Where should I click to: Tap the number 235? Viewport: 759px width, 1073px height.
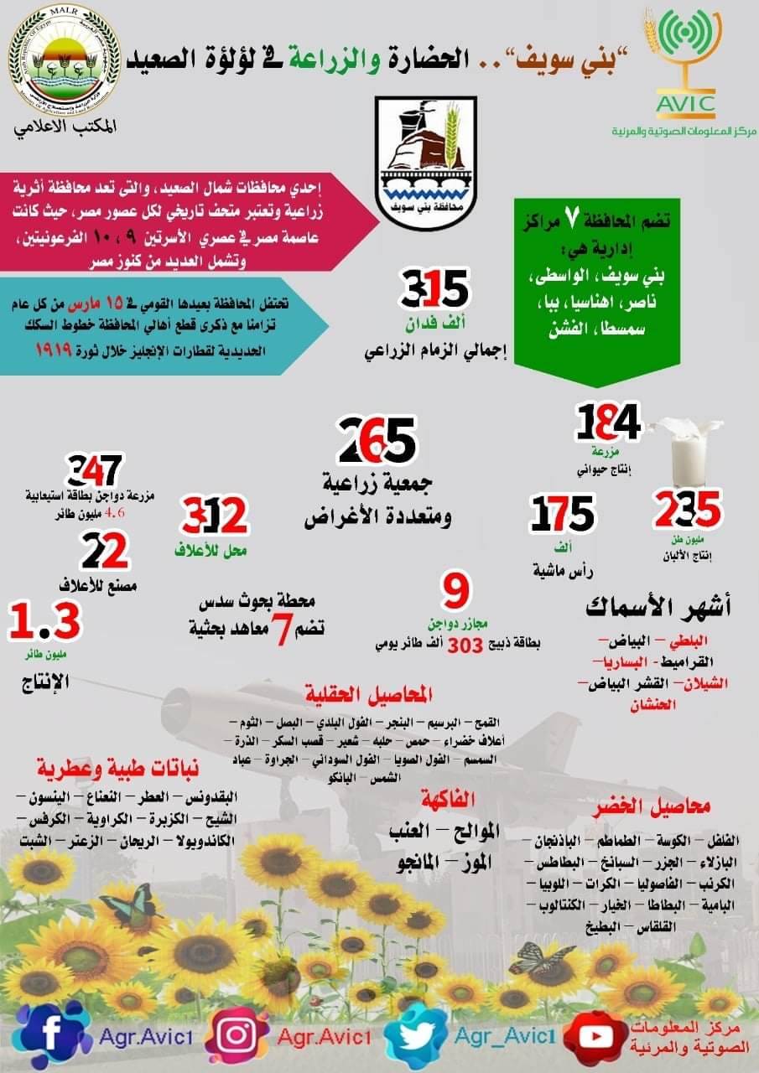pyautogui.click(x=687, y=508)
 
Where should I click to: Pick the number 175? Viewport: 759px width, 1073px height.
pyautogui.click(x=561, y=514)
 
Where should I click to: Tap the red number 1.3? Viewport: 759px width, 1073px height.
pyautogui.click(x=44, y=623)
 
